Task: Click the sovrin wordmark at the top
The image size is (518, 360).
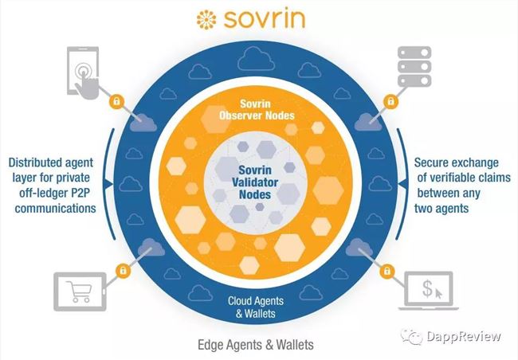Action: tap(264, 19)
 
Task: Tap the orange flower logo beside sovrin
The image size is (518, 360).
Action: tap(206, 20)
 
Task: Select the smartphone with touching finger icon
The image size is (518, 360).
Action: tap(83, 73)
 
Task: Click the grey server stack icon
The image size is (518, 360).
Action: tap(414, 66)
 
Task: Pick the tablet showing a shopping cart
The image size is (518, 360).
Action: tap(80, 292)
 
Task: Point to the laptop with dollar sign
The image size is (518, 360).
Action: tap(429, 291)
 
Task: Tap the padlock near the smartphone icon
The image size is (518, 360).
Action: tap(116, 101)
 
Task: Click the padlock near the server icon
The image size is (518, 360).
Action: tap(390, 101)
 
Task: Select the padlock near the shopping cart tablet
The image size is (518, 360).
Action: tap(123, 271)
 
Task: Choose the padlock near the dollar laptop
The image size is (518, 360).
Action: tap(387, 271)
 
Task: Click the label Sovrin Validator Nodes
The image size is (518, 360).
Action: tap(255, 182)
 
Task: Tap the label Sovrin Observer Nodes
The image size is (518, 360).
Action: tap(257, 110)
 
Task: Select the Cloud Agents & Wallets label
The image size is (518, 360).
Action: tap(256, 307)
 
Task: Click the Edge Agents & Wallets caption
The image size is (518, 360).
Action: tap(256, 345)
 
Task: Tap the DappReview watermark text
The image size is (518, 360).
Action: tap(464, 336)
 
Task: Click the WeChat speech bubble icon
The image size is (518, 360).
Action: tap(412, 337)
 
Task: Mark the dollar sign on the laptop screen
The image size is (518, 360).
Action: tap(427, 288)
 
